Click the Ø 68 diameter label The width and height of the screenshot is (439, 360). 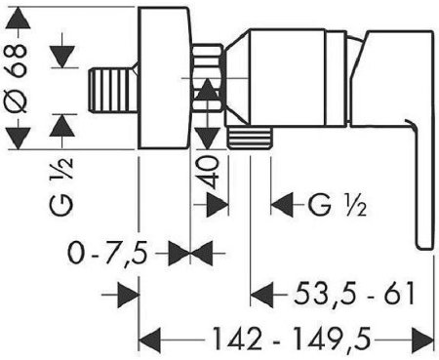pos(16,78)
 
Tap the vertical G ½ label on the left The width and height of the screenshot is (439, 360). pos(61,186)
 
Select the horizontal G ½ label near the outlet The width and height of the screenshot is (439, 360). pos(338,206)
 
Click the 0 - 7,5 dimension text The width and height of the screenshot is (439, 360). pos(107,253)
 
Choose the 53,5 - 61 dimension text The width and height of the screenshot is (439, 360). pos(354,294)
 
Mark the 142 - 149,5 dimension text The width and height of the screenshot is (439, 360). pos(291,340)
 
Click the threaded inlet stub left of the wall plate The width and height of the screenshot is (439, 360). pos(113,90)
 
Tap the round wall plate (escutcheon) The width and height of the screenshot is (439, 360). pos(164,78)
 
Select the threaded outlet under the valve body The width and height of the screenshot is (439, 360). pos(250,138)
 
